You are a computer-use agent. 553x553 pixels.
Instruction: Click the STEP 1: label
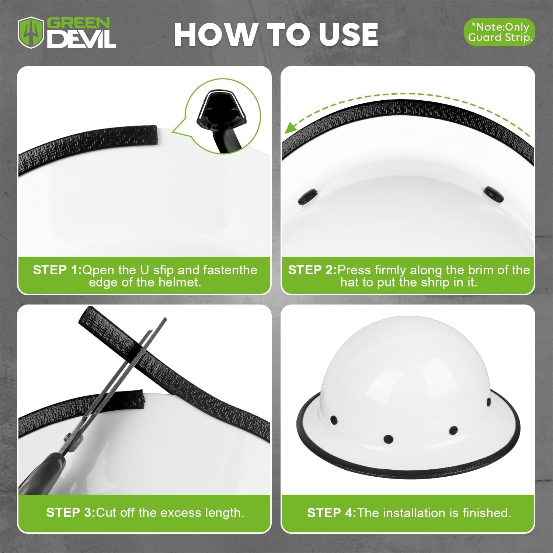[x=57, y=270]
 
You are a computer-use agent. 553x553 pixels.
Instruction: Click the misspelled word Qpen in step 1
[x=98, y=270]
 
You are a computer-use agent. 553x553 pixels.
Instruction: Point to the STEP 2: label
[x=312, y=270]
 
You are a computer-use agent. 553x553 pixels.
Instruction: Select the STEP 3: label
[x=70, y=512]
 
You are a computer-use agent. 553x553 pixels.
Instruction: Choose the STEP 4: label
[x=331, y=512]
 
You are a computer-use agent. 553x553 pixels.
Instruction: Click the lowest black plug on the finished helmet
[x=388, y=439]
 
